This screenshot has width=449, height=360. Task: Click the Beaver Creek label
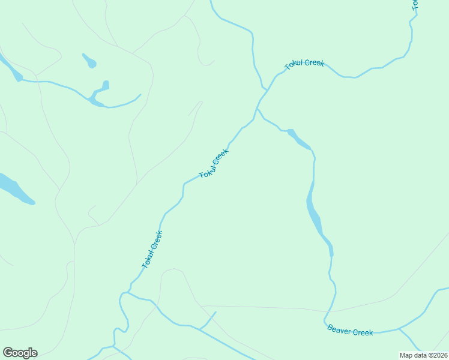[x=350, y=331]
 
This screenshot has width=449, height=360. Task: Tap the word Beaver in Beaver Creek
[x=339, y=329]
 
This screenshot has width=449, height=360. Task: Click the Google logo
[x=20, y=353]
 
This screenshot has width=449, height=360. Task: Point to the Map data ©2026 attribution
[x=423, y=355]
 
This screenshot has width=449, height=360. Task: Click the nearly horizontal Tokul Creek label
[x=304, y=64]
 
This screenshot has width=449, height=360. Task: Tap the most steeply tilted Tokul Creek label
[x=152, y=249]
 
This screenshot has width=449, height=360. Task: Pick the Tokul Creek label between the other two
[x=214, y=164]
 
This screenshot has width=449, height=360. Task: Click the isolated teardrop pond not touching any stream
[x=89, y=61]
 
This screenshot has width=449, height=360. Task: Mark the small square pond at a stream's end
[x=105, y=85]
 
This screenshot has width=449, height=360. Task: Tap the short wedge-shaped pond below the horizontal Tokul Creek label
[x=299, y=139]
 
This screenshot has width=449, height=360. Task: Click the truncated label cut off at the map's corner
[x=414, y=5]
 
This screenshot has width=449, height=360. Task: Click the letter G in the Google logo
[x=8, y=353]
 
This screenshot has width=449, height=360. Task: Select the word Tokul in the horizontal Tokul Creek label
[x=295, y=65]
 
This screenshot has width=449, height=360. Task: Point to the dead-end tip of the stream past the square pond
[x=140, y=94]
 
